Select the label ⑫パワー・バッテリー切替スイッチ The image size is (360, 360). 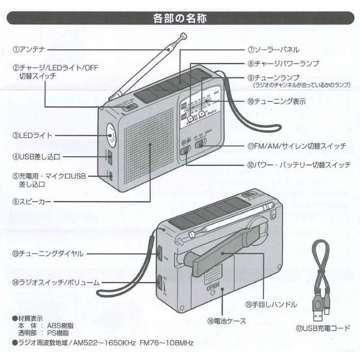click(297, 163)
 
